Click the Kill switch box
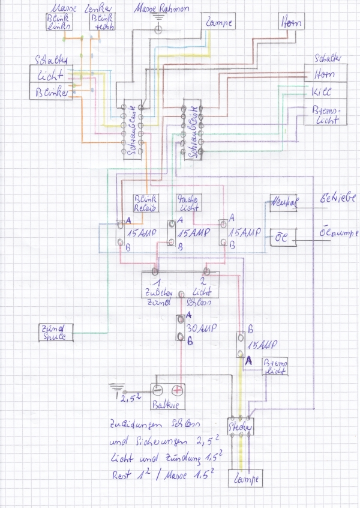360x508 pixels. click(321, 92)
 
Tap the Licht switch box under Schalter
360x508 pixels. click(52, 75)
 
